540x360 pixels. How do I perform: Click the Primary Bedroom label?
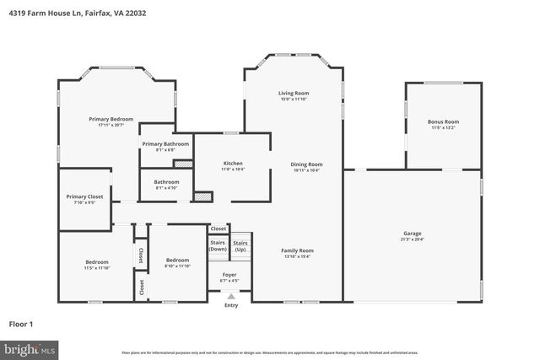tap(111, 119)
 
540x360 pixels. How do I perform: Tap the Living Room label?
tap(294, 93)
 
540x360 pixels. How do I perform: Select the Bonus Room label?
tap(443, 121)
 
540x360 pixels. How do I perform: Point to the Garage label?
tap(412, 233)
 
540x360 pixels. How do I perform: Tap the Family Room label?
tap(297, 250)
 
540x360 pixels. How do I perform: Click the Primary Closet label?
tap(84, 196)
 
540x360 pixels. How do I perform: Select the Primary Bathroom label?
tap(165, 144)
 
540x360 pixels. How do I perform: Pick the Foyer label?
tap(229, 275)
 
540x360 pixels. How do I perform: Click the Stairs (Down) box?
tap(219, 245)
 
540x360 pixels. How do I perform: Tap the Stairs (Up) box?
tap(240, 245)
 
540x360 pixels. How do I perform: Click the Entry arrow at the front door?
tap(230, 296)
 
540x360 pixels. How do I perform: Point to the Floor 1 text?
tap(20, 324)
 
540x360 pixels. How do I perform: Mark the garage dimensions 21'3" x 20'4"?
tap(412, 239)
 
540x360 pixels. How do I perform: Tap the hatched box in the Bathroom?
tap(202, 196)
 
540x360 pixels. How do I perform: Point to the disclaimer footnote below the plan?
tap(270, 351)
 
